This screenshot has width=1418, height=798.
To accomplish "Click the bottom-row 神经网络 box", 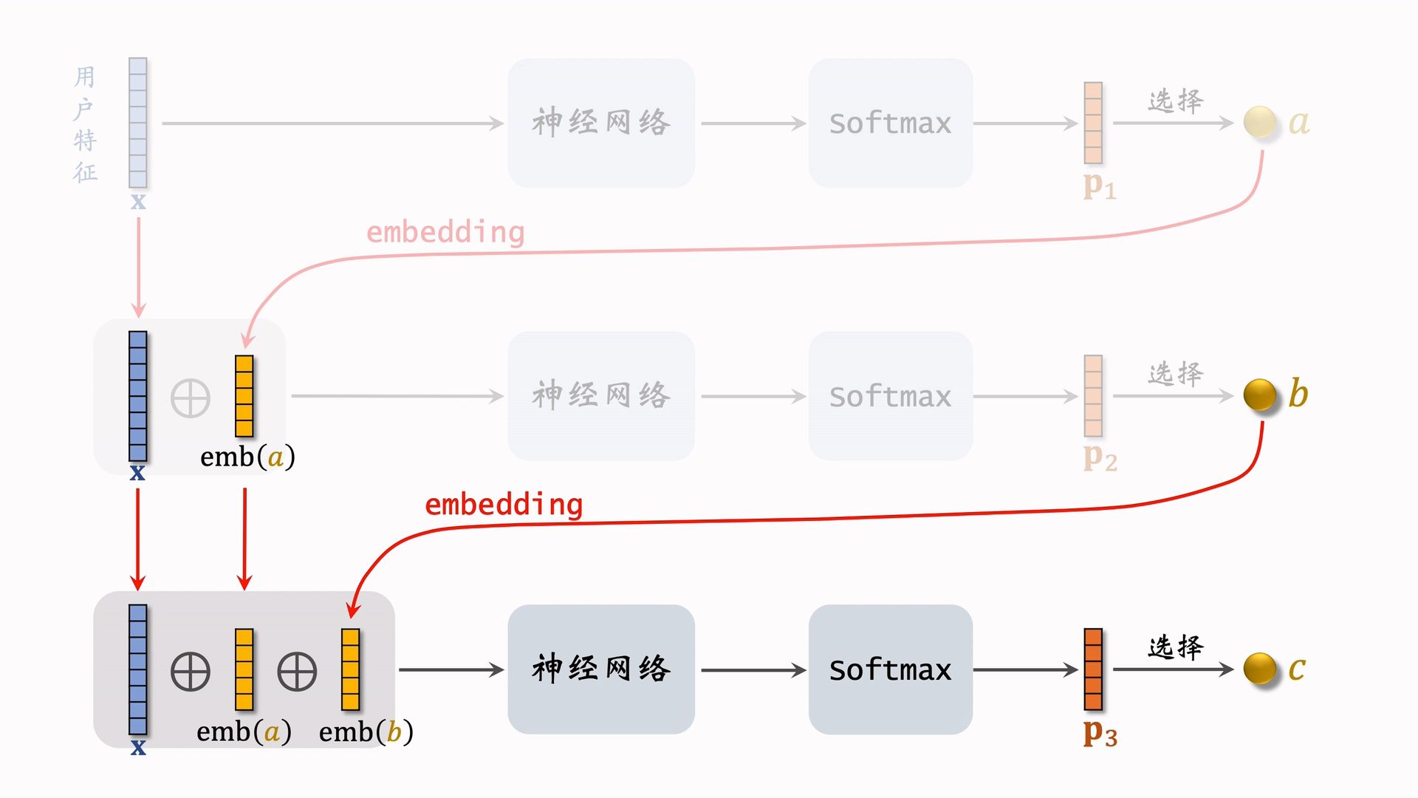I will coord(601,669).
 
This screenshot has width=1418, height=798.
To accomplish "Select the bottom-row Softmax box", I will coord(890,669).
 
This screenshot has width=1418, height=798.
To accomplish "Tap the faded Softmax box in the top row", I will coord(890,123).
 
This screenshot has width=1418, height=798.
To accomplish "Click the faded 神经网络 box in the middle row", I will coord(601,396).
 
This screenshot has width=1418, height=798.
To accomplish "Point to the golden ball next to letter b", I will coord(1260,395).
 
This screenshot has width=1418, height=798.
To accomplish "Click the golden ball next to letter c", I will coord(1260,669).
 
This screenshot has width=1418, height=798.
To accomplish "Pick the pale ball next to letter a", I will coord(1260,122).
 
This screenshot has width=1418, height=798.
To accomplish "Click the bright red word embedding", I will coord(504,505).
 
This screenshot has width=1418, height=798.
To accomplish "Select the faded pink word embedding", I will coord(445,232).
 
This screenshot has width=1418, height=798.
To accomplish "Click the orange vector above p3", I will coord(1093,669).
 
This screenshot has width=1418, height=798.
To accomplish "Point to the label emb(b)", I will coord(366,731).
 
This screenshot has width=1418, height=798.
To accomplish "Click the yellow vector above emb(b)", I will coord(350,669).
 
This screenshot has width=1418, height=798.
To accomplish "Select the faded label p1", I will coord(1100,185).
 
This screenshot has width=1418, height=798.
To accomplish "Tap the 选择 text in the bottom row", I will coord(1175,647).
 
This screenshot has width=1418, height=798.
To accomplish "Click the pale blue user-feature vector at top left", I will coord(138,123).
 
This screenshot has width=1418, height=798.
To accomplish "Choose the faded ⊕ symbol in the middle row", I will coord(191,399).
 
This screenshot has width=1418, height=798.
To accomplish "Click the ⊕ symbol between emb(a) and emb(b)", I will coord(297,672).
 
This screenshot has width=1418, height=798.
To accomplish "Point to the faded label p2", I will coord(1100,458).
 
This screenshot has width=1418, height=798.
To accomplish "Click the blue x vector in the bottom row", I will coord(138,669).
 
